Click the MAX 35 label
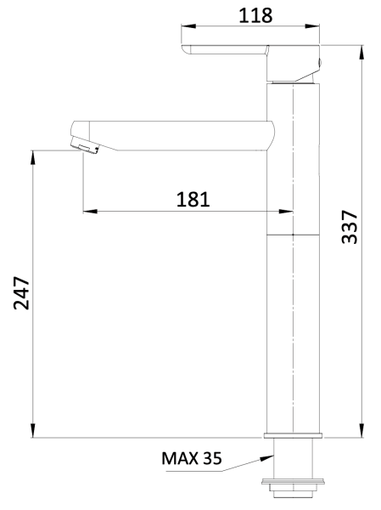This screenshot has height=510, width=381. [191, 459]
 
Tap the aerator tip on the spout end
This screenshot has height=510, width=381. [84, 146]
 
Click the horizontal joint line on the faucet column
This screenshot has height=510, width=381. [293, 234]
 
